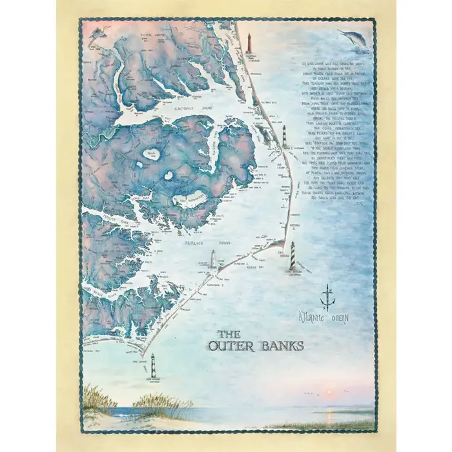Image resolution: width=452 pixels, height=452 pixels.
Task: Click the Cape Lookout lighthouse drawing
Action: tap(153, 369)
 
